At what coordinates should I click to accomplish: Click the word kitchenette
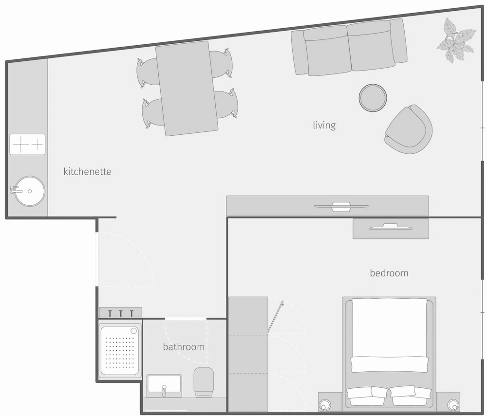(x=87, y=172)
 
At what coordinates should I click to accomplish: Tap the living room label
(x=324, y=125)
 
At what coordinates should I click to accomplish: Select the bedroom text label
(x=389, y=273)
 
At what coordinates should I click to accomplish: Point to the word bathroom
(x=184, y=346)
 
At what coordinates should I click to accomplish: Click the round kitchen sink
(x=30, y=191)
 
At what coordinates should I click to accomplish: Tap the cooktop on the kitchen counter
(x=27, y=144)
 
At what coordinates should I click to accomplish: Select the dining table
(x=187, y=89)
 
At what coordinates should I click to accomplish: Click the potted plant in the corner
(x=456, y=40)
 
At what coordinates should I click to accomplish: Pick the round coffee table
(x=373, y=98)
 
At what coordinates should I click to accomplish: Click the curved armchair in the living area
(x=409, y=129)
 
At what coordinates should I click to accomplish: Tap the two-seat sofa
(x=349, y=47)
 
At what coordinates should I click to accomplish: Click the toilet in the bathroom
(x=204, y=382)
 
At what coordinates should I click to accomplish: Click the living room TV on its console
(x=341, y=206)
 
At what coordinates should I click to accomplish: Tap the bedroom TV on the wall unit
(x=391, y=227)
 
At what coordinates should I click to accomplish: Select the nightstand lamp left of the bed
(x=325, y=405)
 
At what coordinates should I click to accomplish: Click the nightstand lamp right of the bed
(x=452, y=404)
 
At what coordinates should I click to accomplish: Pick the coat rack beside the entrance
(x=120, y=312)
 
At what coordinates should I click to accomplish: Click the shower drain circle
(x=134, y=331)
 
